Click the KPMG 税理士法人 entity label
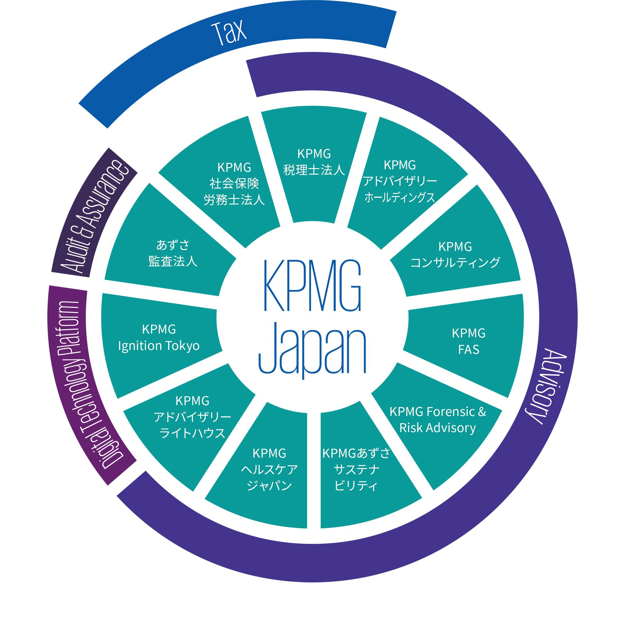314,162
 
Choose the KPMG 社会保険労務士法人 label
234,183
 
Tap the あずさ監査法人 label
173,253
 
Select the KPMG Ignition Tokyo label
159,338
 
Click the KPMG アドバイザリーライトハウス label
192,417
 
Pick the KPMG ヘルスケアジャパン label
269,469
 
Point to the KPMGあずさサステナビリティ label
356,469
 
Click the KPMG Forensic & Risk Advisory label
438,420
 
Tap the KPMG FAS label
468,341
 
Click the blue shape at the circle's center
312,317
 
